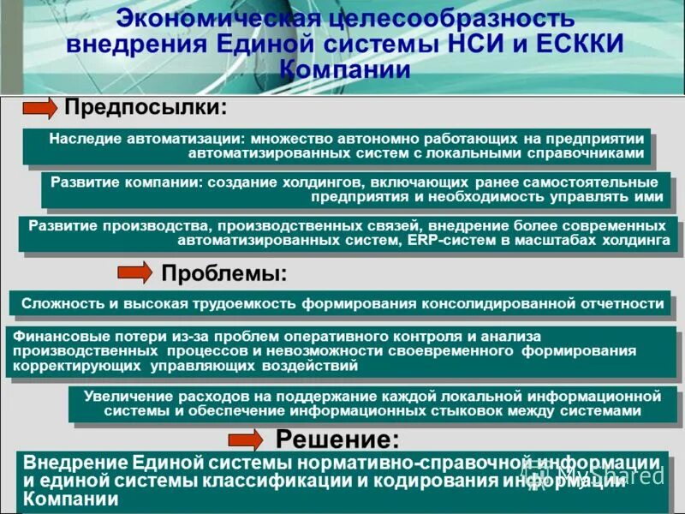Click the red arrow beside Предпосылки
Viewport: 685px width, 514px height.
tap(39, 109)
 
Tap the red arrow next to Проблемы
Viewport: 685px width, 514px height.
tap(134, 274)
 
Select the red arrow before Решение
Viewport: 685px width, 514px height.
tap(247, 440)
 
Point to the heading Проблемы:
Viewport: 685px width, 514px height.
tap(224, 274)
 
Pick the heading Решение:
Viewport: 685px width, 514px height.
tap(337, 440)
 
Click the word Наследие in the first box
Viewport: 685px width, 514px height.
tap(85, 138)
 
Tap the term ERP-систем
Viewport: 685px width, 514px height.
tap(444, 241)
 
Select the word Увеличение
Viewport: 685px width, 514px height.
tap(127, 396)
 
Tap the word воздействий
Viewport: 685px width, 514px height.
tap(310, 366)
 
